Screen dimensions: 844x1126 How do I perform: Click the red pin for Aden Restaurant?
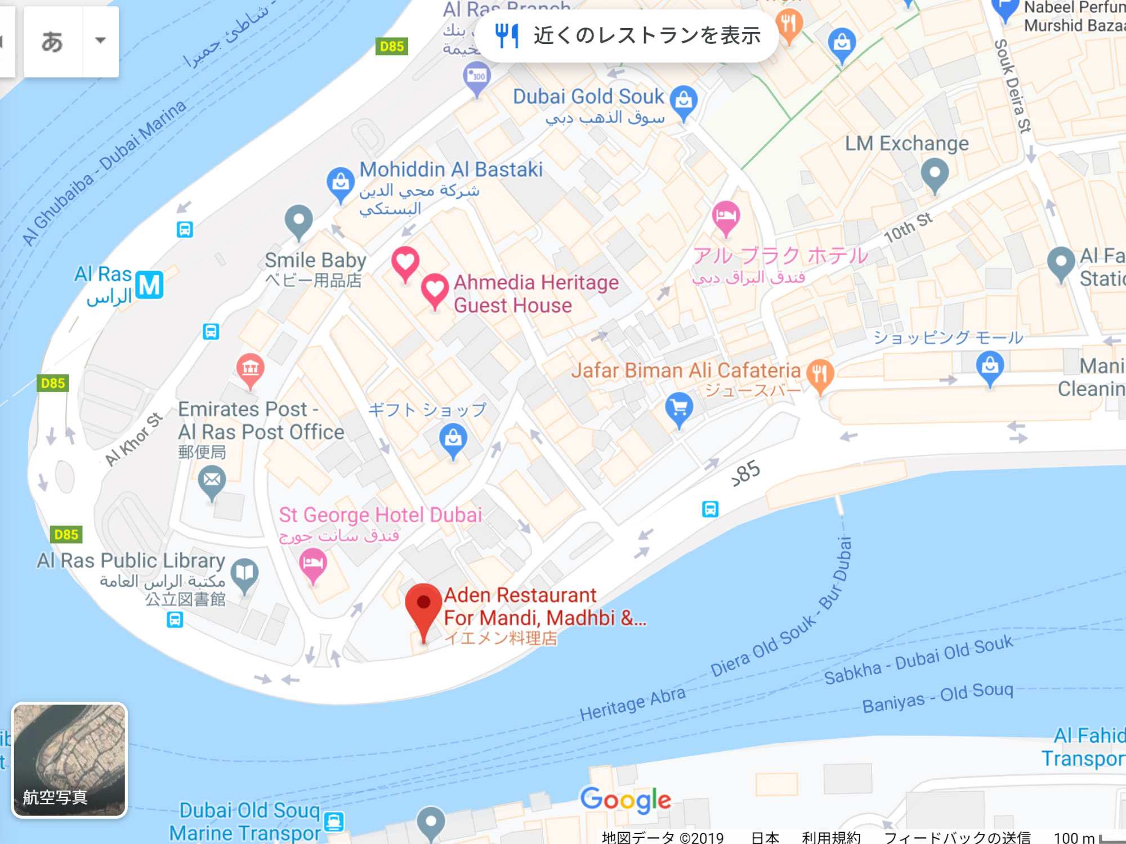(x=423, y=605)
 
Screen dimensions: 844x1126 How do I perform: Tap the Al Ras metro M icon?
(x=149, y=285)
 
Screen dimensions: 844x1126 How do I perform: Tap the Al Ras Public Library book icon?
(x=244, y=573)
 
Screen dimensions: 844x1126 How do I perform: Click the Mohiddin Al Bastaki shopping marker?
(x=341, y=182)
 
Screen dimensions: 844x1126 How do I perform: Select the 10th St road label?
(x=908, y=227)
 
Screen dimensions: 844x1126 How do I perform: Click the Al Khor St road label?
(x=134, y=439)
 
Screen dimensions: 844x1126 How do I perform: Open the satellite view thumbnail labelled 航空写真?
(x=69, y=760)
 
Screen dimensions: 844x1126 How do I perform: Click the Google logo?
(x=625, y=800)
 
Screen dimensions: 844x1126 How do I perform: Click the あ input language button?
(x=52, y=41)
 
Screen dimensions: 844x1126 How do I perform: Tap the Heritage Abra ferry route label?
(x=632, y=704)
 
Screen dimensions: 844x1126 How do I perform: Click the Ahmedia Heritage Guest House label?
(x=535, y=294)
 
